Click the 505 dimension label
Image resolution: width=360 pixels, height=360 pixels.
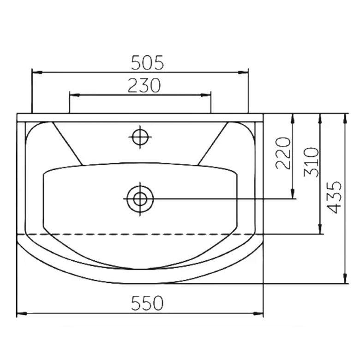click(147, 62)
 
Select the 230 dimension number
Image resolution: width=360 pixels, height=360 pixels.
click(144, 85)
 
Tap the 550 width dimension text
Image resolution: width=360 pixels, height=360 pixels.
click(147, 303)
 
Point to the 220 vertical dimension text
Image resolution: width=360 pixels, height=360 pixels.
click(283, 153)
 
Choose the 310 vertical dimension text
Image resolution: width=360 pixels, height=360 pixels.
click(312, 162)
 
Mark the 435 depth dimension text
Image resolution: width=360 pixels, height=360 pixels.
click(334, 198)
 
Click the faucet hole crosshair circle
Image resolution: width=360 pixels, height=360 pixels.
click(140, 137)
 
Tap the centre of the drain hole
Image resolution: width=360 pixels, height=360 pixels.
click(140, 199)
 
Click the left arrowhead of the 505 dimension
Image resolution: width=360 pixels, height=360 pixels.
click(37, 72)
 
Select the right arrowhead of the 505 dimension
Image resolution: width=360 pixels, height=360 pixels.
click(243, 72)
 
